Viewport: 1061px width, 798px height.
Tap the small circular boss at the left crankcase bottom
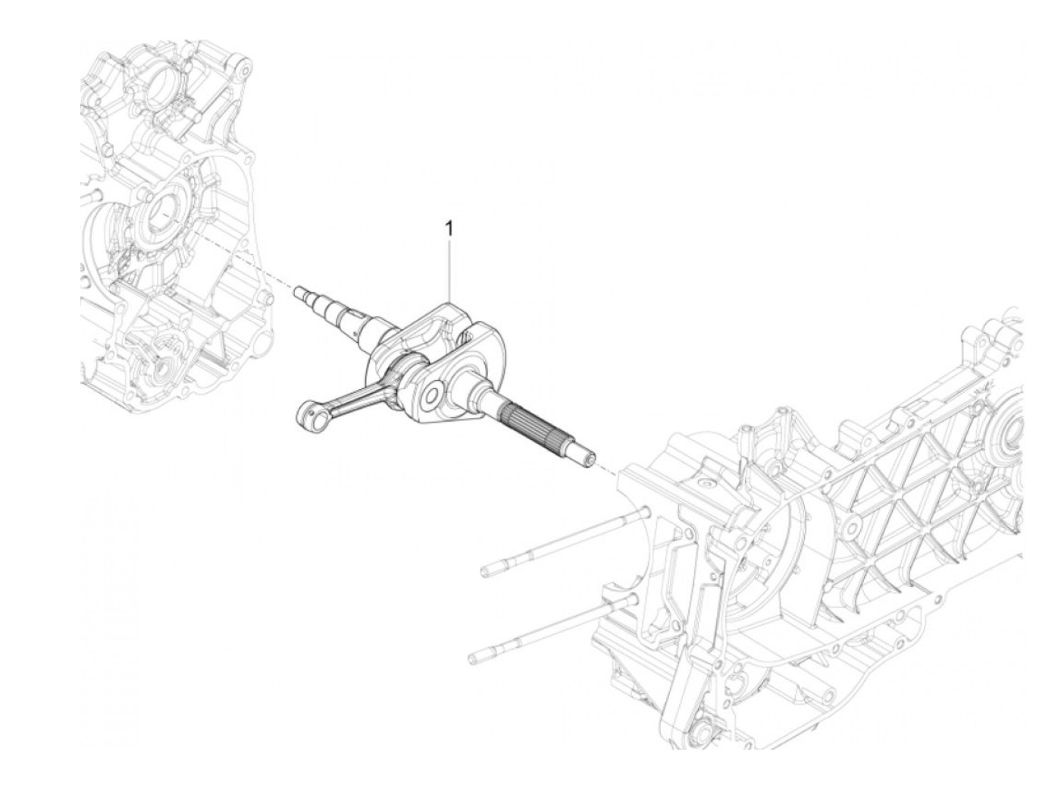(164, 369)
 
